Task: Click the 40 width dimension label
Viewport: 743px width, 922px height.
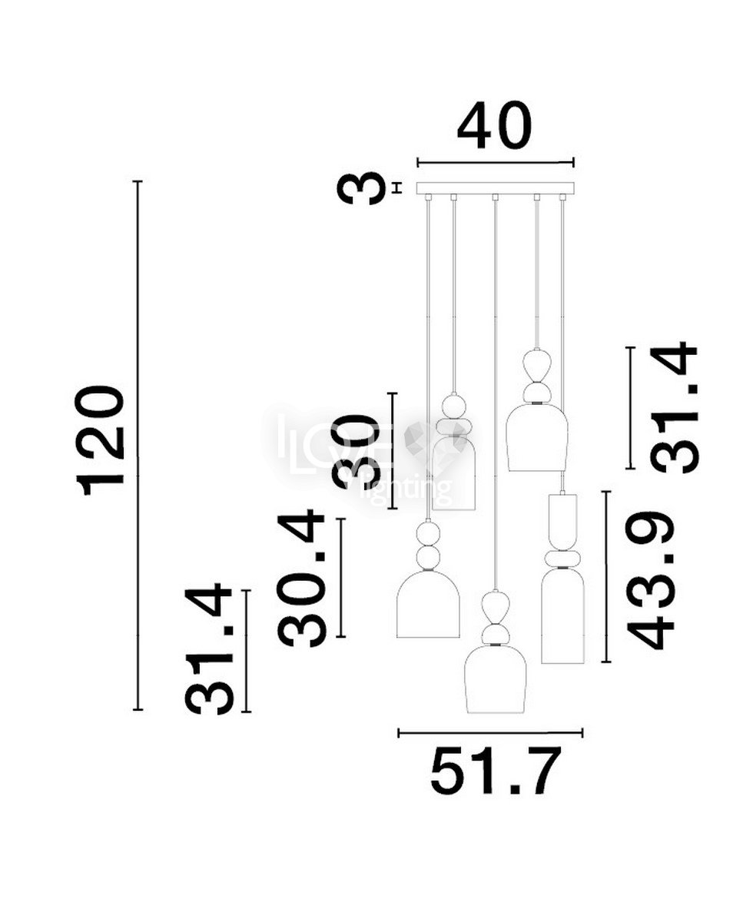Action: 495,126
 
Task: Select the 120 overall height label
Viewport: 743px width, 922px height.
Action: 100,440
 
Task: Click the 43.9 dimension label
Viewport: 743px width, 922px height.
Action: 649,589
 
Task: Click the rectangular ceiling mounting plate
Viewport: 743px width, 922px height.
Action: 496,188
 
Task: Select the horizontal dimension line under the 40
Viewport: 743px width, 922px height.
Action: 496,163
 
